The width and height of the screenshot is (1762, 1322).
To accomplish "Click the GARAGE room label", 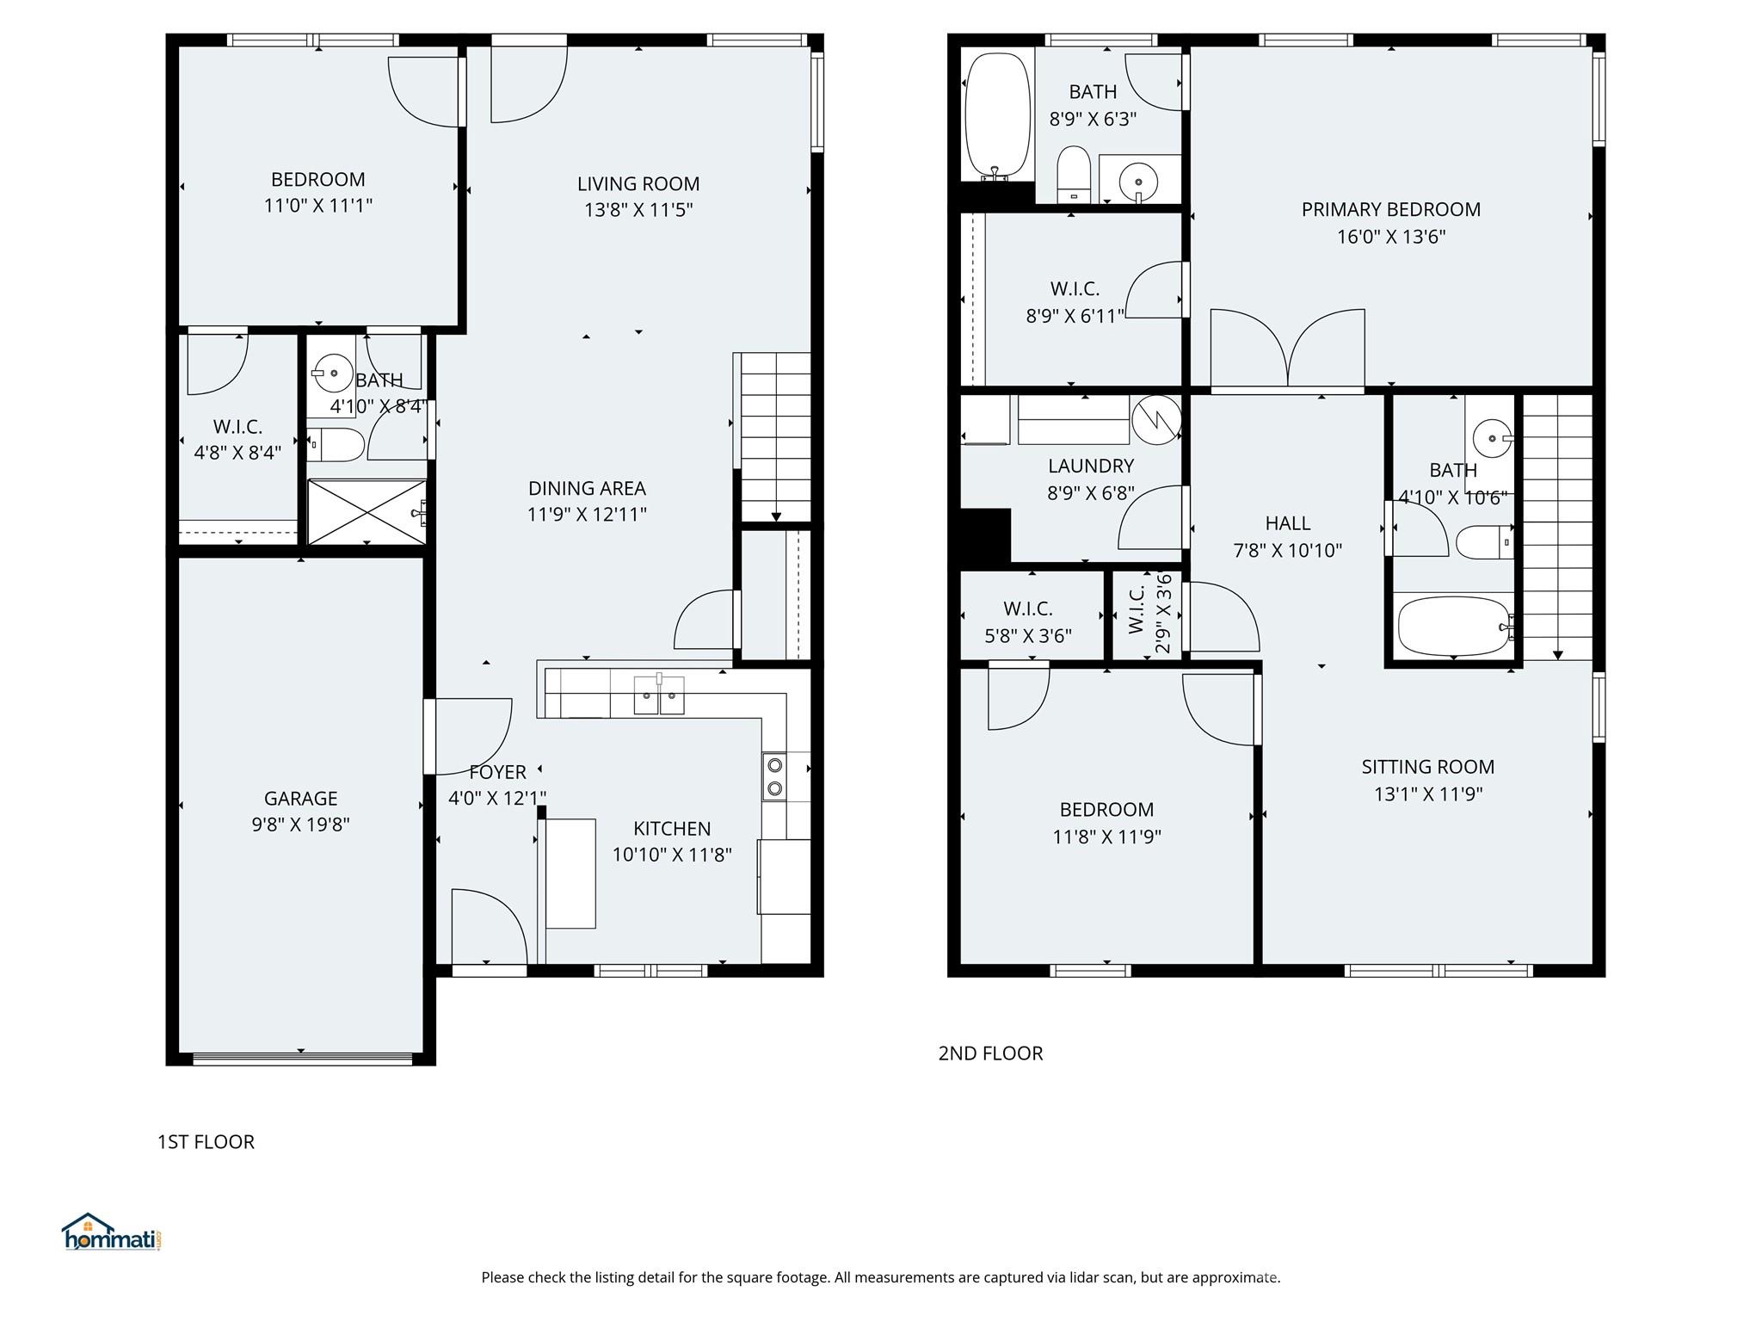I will point(300,798).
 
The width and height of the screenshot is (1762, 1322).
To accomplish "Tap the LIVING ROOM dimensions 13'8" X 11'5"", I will point(638,210).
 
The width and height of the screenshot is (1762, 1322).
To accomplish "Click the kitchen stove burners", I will point(774,776).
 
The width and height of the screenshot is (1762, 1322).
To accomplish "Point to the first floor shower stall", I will point(367,512).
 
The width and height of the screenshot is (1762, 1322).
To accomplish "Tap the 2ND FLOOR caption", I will point(990,1053).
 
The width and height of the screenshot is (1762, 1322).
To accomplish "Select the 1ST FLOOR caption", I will point(206,1142).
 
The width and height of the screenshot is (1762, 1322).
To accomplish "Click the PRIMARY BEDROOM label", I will point(1390,209).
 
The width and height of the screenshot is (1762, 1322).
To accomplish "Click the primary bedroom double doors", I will point(1287,349).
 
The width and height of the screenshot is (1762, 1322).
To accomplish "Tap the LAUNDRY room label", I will point(1090,466).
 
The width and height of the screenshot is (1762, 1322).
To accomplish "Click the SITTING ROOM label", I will point(1427,767).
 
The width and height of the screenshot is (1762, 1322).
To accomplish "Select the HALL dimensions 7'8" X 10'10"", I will point(1287,551).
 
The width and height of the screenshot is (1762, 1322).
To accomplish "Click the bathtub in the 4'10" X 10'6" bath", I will point(1453,626).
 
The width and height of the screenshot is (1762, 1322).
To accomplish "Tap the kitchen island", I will point(570,873).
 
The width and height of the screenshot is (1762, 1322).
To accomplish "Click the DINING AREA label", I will point(587,488).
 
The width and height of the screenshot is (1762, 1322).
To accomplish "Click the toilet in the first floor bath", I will point(337,445).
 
